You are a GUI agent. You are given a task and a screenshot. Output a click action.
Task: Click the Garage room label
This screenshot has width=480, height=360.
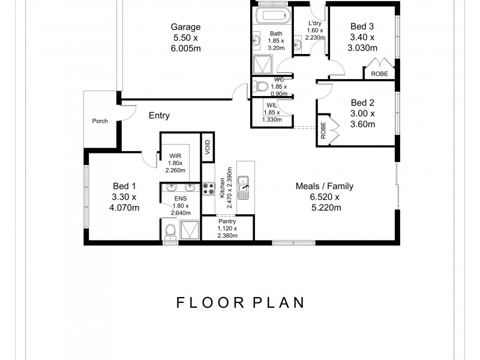pos(185,27)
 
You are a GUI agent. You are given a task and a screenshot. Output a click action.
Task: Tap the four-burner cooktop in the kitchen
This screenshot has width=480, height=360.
pos(209,190)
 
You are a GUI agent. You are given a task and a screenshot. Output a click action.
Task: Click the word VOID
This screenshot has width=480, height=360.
pos(208,147)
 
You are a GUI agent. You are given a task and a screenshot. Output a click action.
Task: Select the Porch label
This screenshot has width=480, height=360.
pos(100,121)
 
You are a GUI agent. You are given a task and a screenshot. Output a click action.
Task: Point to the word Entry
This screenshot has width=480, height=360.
pos(159,116)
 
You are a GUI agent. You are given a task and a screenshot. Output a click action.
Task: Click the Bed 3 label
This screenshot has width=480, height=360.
pos(362,26)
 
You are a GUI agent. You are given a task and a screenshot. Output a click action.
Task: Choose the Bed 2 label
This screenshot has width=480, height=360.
pos(362,103)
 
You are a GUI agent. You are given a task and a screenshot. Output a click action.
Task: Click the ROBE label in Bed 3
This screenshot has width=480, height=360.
pos(379,74)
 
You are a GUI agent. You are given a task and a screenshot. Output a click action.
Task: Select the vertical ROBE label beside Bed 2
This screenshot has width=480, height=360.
pos(323,131)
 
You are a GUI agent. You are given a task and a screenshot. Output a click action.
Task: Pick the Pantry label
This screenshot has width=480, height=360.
pos(227,221)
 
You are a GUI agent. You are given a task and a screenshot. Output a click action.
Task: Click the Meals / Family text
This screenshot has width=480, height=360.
pos(325,186)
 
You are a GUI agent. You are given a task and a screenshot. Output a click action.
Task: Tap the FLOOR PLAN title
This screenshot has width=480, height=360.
pos(240,302)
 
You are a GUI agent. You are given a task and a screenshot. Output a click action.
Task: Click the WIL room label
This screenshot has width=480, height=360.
pos(271,105)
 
